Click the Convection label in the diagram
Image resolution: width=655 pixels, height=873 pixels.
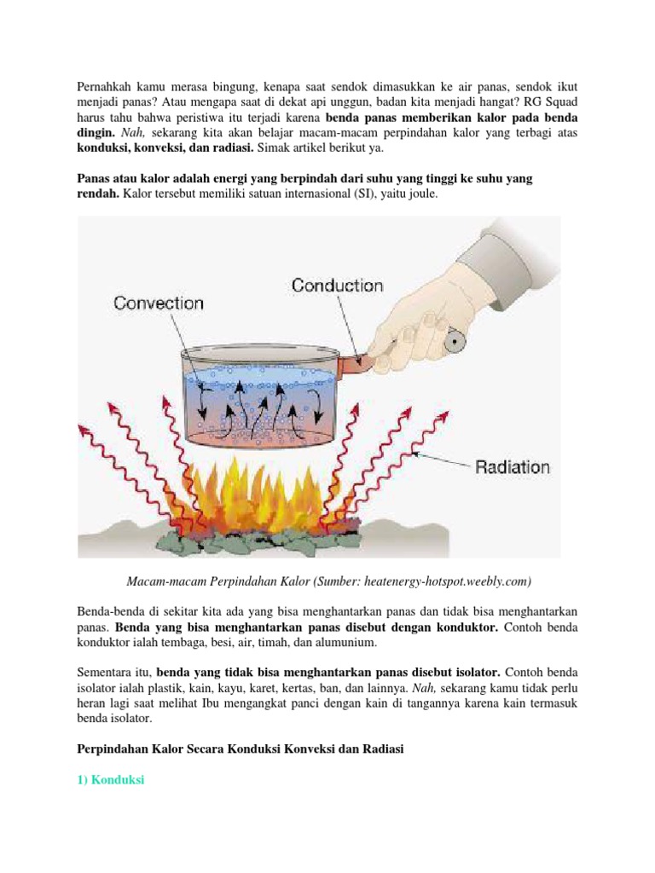point(159,303)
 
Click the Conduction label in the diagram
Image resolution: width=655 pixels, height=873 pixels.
point(337,285)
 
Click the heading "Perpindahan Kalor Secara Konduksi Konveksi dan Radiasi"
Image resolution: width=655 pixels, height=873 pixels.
point(241,748)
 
